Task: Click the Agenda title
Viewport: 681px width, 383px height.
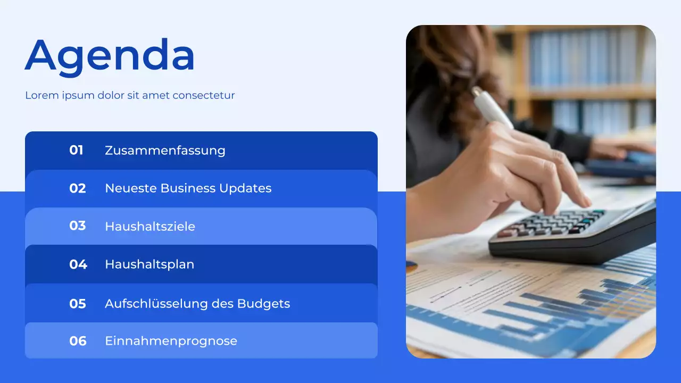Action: click(110, 55)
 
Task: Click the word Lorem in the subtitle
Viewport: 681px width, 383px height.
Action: click(39, 96)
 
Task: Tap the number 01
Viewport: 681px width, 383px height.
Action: click(77, 151)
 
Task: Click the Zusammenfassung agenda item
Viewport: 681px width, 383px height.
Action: click(165, 151)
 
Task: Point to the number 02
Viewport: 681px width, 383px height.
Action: click(78, 188)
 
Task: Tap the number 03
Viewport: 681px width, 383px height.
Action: click(78, 226)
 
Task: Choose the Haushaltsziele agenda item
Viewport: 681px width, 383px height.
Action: click(150, 227)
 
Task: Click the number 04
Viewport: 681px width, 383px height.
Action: click(78, 264)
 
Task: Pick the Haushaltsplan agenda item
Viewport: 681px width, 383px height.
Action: click(150, 264)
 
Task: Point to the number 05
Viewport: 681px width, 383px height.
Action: click(78, 304)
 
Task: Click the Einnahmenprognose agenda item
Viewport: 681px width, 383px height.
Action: click(171, 342)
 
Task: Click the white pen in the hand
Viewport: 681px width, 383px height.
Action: click(493, 108)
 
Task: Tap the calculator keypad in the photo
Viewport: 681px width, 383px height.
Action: click(553, 222)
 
